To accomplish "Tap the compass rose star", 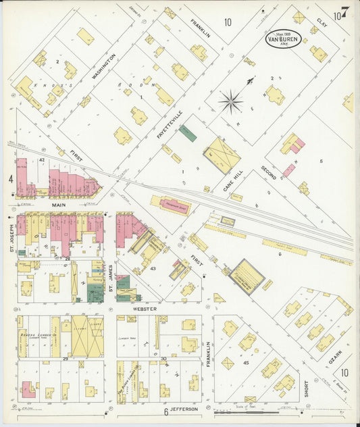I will click(x=231, y=102).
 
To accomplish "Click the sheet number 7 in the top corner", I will click(x=344, y=12).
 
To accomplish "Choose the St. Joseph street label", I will click(x=12, y=240).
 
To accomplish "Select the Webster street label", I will click(x=145, y=309).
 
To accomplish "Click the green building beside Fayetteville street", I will click(x=188, y=134).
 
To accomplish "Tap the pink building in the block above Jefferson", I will click(x=28, y=390).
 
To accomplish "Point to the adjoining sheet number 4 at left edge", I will click(x=11, y=179).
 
